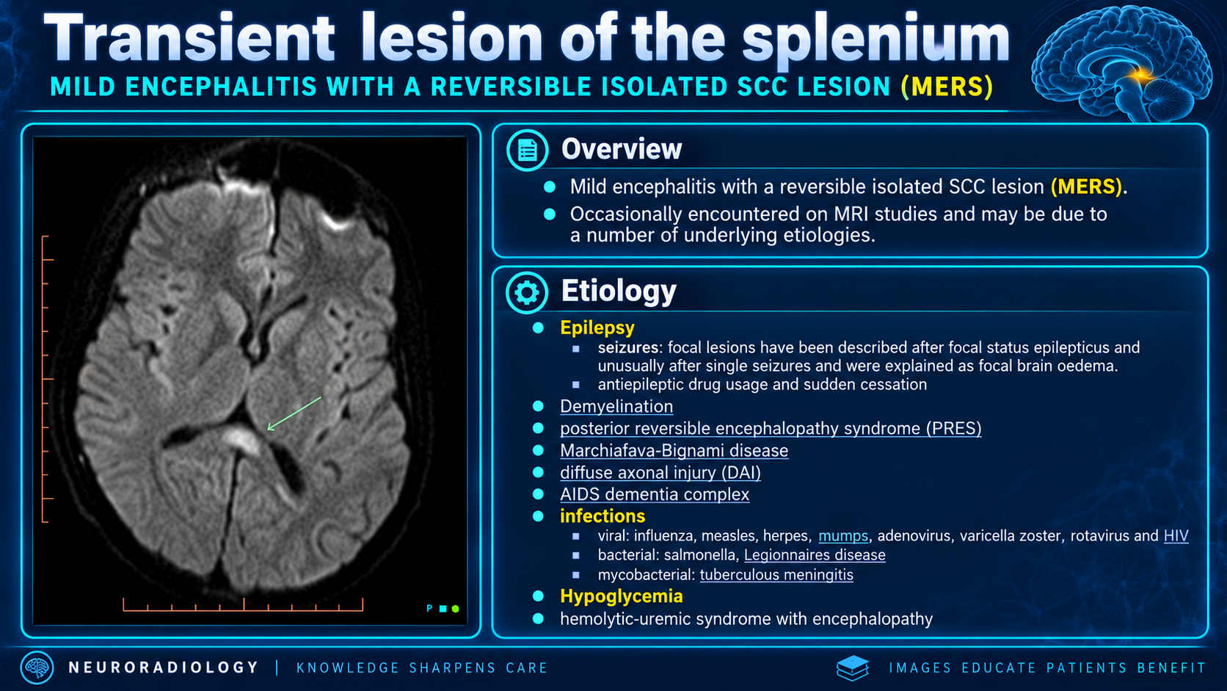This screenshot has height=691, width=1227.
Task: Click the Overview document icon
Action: [527, 150]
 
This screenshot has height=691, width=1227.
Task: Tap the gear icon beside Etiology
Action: [526, 292]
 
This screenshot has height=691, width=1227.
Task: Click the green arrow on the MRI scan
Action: [294, 413]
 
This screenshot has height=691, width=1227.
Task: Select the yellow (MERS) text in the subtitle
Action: [947, 87]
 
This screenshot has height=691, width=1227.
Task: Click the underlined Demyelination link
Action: [616, 407]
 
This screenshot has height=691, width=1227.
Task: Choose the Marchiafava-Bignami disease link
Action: [674, 450]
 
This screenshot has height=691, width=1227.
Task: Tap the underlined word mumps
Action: [843, 535]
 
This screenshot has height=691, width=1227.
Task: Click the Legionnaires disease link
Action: [815, 555]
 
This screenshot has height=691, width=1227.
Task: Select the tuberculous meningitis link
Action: [776, 575]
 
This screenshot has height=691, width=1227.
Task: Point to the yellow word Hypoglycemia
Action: [621, 596]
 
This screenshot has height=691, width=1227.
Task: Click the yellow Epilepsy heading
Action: [597, 328]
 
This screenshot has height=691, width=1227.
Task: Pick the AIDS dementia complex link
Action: [655, 494]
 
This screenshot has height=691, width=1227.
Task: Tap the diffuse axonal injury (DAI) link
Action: [660, 472]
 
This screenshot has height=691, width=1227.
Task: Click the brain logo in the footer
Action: [37, 668]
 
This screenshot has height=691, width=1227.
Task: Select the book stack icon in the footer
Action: [853, 668]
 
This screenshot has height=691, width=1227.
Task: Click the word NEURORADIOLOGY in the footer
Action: [163, 668]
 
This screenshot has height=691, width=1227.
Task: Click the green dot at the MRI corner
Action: [455, 609]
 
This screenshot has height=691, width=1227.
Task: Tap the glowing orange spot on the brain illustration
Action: [1141, 75]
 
